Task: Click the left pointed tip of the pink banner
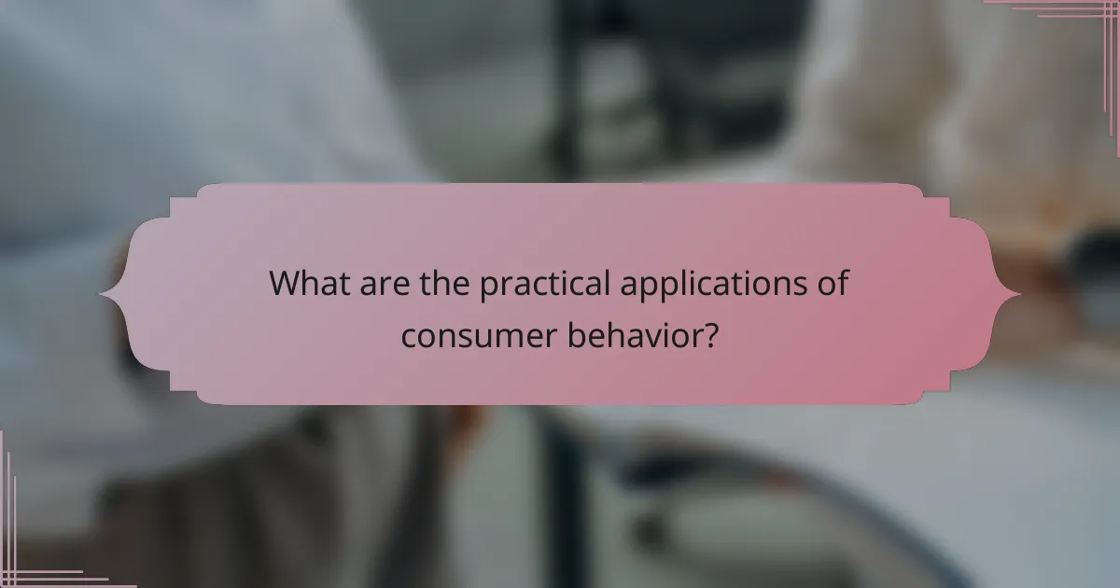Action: pyautogui.click(x=101, y=295)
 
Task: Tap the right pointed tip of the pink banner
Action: pyautogui.click(x=1019, y=295)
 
